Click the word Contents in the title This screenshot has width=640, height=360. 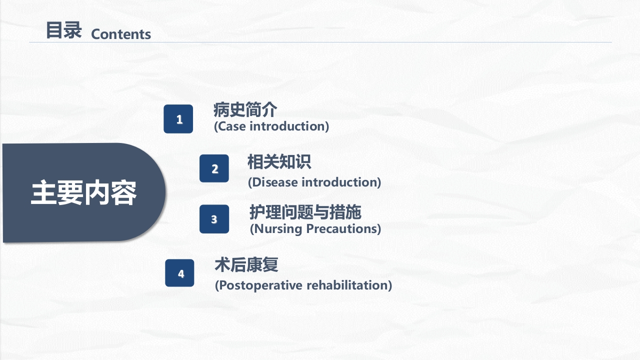[121, 34]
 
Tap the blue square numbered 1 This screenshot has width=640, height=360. [178, 119]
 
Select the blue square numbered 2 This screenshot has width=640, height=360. [214, 168]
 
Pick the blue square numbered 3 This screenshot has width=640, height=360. [214, 219]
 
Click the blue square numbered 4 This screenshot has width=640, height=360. [180, 273]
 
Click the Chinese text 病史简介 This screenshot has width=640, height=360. [245, 109]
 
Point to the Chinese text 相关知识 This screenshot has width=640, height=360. [279, 162]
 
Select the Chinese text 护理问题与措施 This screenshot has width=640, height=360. [305, 212]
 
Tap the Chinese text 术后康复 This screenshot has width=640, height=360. [246, 265]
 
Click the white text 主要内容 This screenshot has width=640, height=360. [83, 193]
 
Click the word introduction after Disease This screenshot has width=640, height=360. [341, 182]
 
